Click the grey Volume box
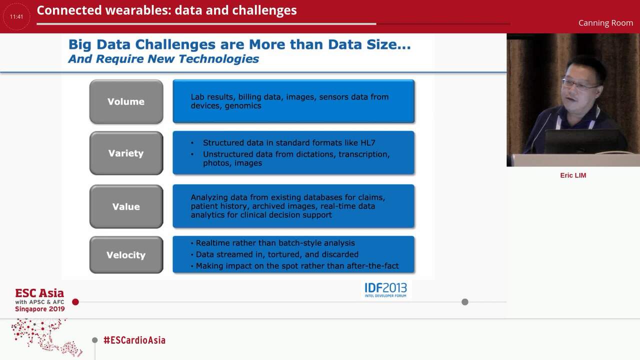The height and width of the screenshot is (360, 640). point(126,101)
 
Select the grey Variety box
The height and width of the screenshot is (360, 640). point(126,153)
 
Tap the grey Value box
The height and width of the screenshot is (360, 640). point(126,206)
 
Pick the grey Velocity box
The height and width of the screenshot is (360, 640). point(126,255)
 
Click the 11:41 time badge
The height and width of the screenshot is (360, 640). point(16,16)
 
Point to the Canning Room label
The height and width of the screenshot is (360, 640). point(605,23)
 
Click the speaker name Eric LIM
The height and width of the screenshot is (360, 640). point(573,175)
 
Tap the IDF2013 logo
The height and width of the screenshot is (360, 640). point(385,289)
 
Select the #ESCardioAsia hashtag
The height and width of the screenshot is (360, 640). point(134,340)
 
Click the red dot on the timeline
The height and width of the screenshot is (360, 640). point(75,302)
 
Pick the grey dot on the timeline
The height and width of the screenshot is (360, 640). point(465,302)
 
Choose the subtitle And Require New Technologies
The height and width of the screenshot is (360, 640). point(163,59)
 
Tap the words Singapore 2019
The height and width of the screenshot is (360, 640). point(40,309)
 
